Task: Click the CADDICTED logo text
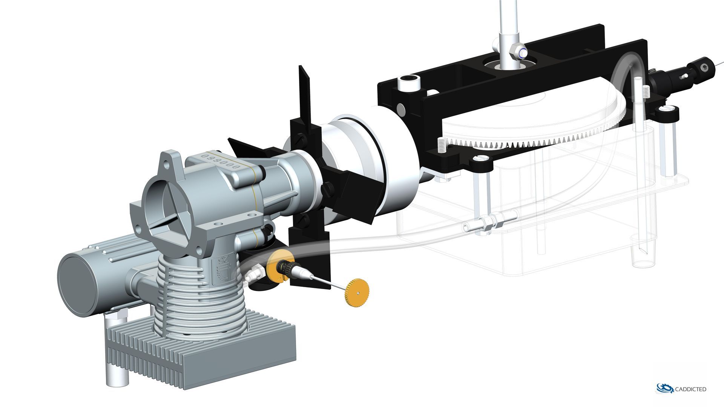point(691,389)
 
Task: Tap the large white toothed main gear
point(528,124)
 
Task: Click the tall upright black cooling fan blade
point(304,94)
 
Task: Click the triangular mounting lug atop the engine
point(170,160)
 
